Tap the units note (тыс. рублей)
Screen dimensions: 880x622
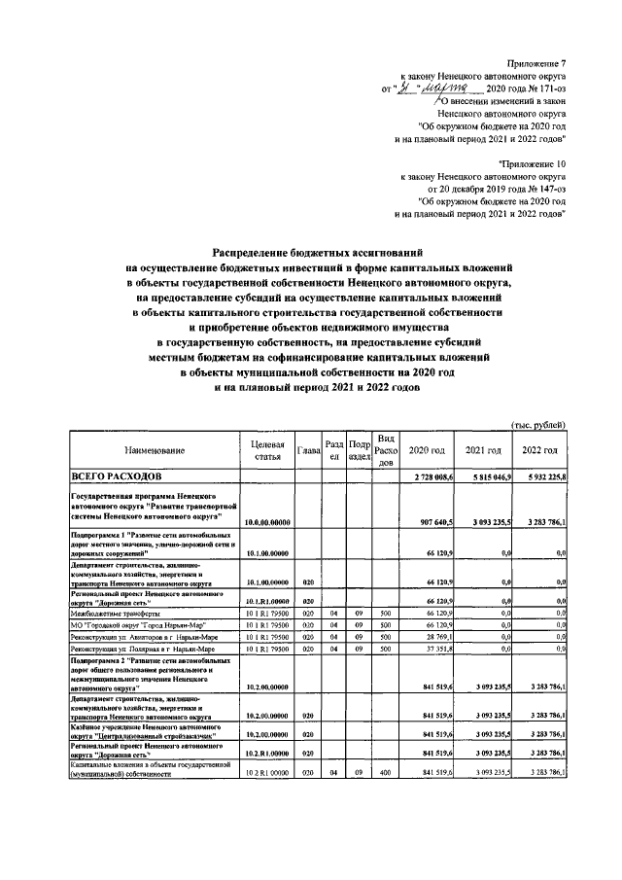coord(538,425)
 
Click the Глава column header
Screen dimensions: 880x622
coord(309,451)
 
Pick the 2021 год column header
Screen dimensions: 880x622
coord(483,451)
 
